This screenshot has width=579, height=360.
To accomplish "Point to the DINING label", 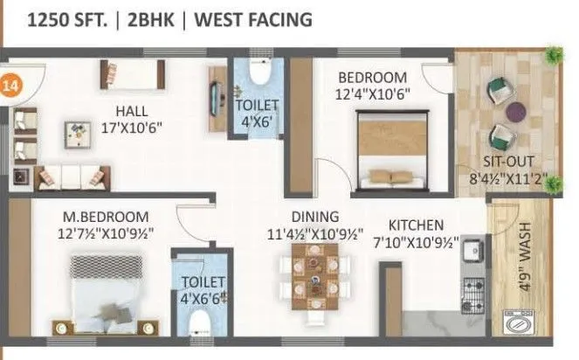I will [314, 217].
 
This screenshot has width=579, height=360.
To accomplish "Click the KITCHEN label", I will [416, 225].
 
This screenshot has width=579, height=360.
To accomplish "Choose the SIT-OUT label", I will [508, 162].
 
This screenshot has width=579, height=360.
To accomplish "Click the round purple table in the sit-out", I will [516, 112].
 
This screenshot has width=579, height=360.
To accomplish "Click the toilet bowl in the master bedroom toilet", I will [200, 324].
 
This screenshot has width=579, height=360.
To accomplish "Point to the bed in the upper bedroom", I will [390, 149].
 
